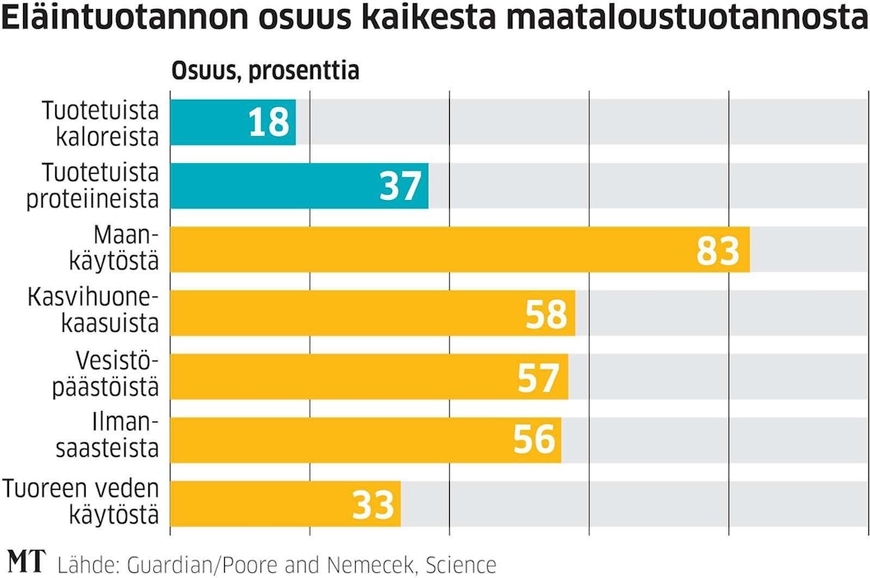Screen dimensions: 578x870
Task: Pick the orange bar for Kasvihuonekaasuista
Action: click(346, 313)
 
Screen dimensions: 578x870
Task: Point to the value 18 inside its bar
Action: click(269, 122)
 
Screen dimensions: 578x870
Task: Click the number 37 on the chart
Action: click(401, 186)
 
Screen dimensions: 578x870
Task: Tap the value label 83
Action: click(718, 249)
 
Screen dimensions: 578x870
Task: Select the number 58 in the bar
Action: click(546, 313)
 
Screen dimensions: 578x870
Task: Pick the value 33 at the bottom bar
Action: click(373, 504)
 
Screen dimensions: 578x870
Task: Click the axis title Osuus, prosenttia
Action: click(264, 71)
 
